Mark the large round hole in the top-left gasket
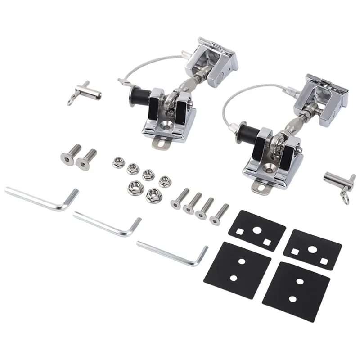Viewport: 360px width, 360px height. click(x=256, y=229)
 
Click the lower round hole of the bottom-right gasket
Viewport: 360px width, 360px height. click(x=292, y=299)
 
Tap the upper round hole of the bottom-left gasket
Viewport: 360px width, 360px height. click(x=242, y=261)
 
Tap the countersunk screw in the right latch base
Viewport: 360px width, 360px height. click(x=269, y=167)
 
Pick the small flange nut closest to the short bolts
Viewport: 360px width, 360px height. click(x=118, y=162)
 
